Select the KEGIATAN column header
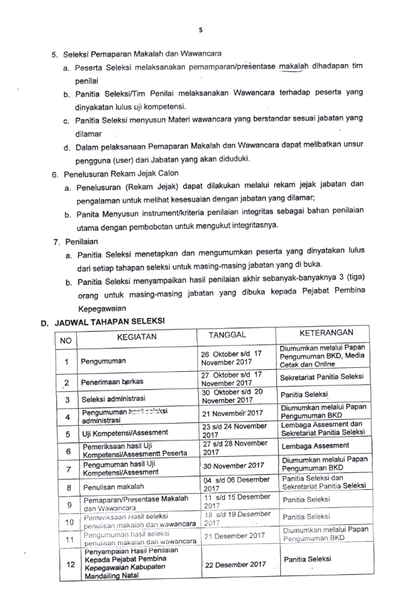click(137, 337)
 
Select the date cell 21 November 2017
click(233, 413)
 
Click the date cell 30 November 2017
click(233, 465)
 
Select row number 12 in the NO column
click(67, 564)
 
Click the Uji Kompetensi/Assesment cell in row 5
click(125, 432)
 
